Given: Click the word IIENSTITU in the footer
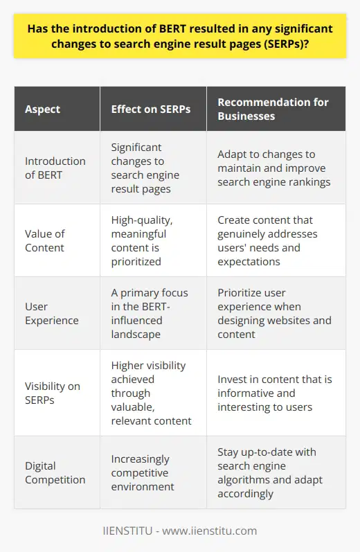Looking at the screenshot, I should pos(133,531).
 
